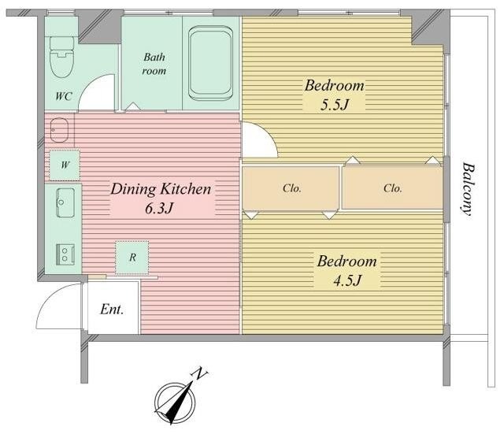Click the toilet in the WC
tap(62, 57)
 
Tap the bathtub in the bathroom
tap(211, 63)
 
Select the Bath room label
tap(154, 64)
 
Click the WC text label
tap(63, 96)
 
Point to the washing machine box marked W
tap(65, 165)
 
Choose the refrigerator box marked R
tap(132, 258)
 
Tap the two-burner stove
tap(65, 254)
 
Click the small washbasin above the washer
tap(60, 130)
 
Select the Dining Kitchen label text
tap(161, 189)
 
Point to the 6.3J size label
tap(159, 208)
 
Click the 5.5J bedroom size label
tap(334, 105)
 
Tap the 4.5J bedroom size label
tap(347, 280)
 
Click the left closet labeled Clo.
tap(291, 188)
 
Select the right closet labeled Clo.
tap(392, 188)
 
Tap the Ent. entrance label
tap(112, 310)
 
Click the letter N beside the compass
tap(199, 373)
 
